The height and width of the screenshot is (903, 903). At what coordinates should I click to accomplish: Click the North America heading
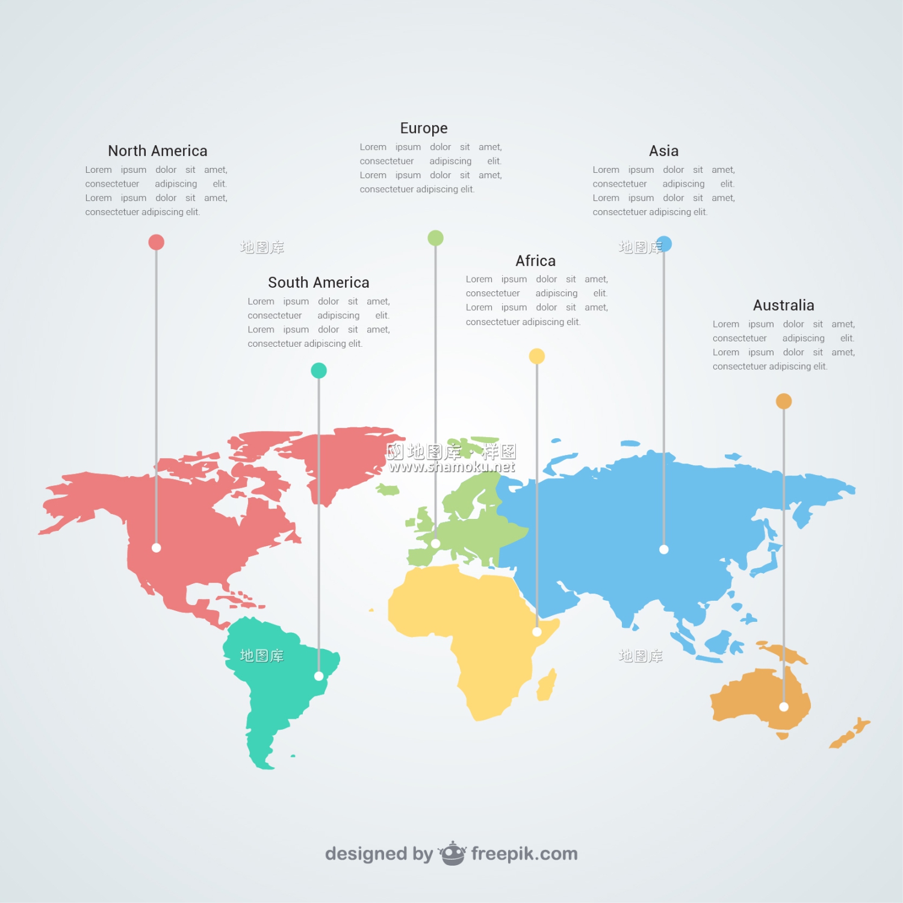pyautogui.click(x=158, y=150)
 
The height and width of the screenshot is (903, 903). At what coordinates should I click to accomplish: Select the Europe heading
pyautogui.click(x=424, y=128)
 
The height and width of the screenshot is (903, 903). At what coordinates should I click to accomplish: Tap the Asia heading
pyautogui.click(x=663, y=150)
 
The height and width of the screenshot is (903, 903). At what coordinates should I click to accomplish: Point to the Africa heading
pyautogui.click(x=535, y=261)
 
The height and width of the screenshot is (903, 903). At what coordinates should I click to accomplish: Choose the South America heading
pyautogui.click(x=318, y=282)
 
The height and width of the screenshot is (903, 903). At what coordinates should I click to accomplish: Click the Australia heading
pyautogui.click(x=783, y=305)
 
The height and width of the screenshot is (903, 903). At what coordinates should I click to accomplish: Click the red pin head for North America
pyautogui.click(x=157, y=242)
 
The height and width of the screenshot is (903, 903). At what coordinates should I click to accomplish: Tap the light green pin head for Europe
pyautogui.click(x=435, y=238)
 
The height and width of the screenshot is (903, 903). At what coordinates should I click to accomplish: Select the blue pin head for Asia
pyautogui.click(x=664, y=244)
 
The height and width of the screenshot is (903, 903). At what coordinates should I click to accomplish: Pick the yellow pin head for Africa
pyautogui.click(x=537, y=356)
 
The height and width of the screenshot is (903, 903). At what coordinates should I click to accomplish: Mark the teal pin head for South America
pyautogui.click(x=318, y=370)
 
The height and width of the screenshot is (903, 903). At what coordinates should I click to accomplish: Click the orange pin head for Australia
pyautogui.click(x=784, y=401)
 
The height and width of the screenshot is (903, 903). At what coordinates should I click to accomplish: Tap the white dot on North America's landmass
pyautogui.click(x=157, y=548)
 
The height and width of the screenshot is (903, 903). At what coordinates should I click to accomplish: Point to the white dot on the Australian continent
pyautogui.click(x=784, y=707)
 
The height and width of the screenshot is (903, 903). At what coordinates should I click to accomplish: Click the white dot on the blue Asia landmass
pyautogui.click(x=664, y=549)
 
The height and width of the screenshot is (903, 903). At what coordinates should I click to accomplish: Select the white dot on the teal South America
pyautogui.click(x=318, y=676)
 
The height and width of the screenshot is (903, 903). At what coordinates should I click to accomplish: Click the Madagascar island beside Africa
pyautogui.click(x=547, y=685)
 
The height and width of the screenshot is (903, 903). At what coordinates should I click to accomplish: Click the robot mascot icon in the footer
pyautogui.click(x=452, y=853)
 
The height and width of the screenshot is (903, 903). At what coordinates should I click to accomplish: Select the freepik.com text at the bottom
pyautogui.click(x=524, y=854)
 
